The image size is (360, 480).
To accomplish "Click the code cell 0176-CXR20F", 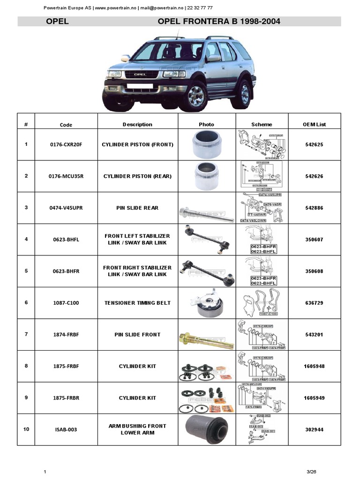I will [66, 144].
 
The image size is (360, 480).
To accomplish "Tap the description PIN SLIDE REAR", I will [137, 208].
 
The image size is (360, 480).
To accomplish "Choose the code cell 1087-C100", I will [66, 303].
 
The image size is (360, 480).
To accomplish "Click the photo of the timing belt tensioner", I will [206, 303].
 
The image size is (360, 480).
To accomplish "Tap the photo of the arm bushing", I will [206, 429].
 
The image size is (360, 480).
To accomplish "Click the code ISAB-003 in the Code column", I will [66, 429].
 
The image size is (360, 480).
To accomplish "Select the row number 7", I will [26, 334].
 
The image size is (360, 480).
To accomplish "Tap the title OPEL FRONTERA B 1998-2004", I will [219, 22].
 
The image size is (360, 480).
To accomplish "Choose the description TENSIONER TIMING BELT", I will [137, 303].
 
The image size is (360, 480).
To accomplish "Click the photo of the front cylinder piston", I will [206, 144].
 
